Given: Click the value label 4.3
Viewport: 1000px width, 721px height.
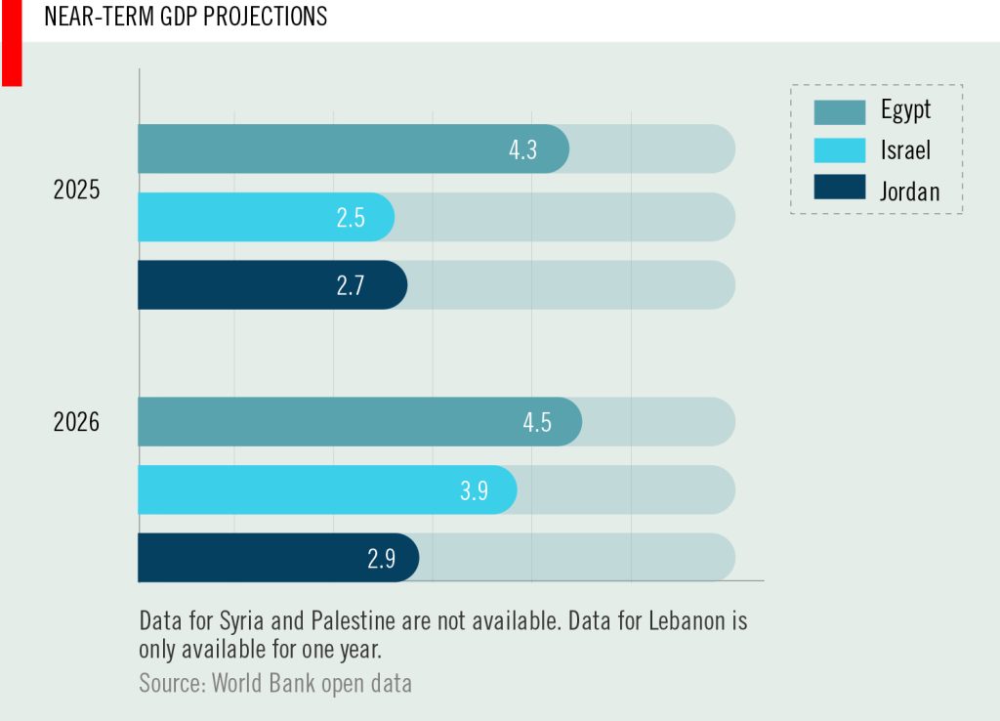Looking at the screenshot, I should click(523, 150).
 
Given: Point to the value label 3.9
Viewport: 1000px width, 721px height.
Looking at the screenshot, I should click(474, 490).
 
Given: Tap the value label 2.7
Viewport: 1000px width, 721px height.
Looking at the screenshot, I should click(351, 286).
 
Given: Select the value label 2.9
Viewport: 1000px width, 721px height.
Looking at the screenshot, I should click(381, 559).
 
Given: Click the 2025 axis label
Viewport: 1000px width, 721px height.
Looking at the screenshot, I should click(76, 191).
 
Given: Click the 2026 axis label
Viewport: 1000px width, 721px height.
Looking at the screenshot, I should click(76, 423).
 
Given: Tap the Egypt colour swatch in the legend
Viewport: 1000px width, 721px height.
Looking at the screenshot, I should click(840, 111).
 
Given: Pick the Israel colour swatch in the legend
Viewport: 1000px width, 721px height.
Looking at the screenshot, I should click(840, 149).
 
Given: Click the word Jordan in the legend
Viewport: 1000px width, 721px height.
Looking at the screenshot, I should click(909, 191).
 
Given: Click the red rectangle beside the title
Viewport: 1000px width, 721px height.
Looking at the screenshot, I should click(12, 43).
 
